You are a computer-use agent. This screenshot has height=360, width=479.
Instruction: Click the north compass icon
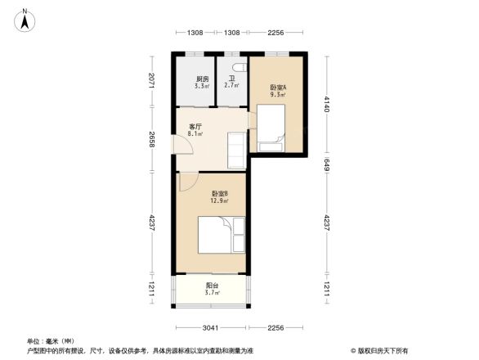(26, 20)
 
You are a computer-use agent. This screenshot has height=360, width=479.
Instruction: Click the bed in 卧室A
(271, 128)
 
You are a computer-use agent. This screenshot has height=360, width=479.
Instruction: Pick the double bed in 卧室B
(221, 235)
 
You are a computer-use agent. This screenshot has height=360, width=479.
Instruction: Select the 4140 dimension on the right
(327, 106)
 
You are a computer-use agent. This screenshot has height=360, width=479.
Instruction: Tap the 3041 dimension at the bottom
(210, 327)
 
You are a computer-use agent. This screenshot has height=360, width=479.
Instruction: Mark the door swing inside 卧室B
(186, 182)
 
